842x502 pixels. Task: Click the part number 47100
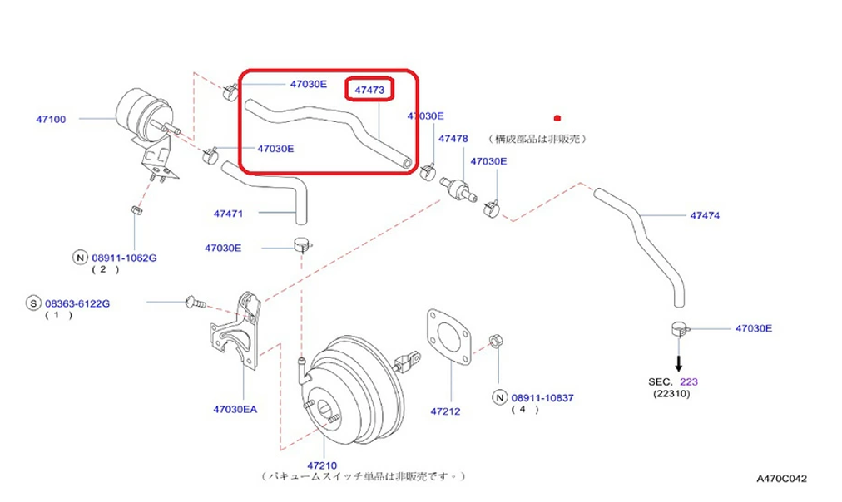coord(50,119)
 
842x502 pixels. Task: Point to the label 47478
coord(453,138)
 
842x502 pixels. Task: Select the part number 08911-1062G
coord(124,258)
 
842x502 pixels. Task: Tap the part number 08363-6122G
coord(77,303)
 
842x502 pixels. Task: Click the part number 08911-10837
coord(543,397)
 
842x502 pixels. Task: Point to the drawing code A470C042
coord(781,479)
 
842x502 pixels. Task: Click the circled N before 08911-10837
coord(500,397)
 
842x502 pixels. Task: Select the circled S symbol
coord(33,303)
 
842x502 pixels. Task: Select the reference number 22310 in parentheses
coord(671,393)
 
